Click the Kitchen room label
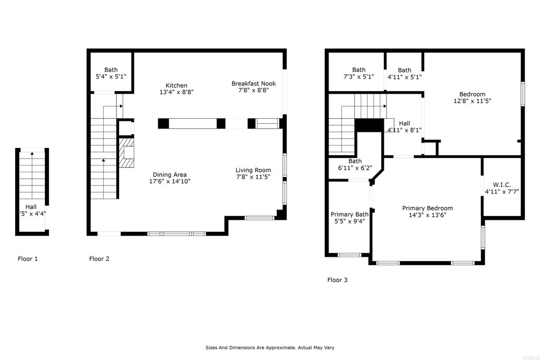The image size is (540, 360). [x=176, y=85]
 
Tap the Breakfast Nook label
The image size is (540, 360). [x=253, y=83]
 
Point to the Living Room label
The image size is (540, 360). [x=253, y=170]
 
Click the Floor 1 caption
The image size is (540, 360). [x=27, y=259]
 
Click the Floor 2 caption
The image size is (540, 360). [x=99, y=259]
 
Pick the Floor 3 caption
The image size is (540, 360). [x=337, y=280]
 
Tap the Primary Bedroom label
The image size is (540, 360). [x=427, y=208]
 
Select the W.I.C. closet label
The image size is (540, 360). [x=502, y=184]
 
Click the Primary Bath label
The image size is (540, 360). [x=349, y=214]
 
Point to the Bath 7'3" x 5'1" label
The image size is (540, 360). [x=359, y=70]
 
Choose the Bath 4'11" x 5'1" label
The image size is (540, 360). [x=404, y=70]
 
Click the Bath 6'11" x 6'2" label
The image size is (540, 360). [x=355, y=161]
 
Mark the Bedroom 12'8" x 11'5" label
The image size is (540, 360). [x=472, y=94]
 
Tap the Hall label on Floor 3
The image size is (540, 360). [x=404, y=123]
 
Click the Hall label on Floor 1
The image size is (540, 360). [x=31, y=207]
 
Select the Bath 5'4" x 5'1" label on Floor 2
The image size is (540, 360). [x=111, y=70]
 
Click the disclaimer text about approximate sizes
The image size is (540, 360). [x=269, y=347]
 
